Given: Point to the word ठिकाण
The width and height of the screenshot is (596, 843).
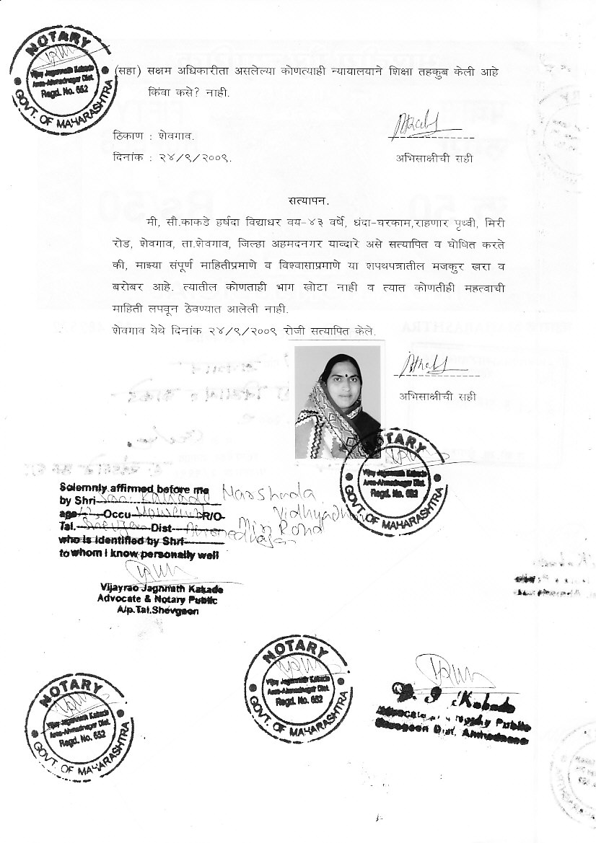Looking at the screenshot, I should coord(128,136).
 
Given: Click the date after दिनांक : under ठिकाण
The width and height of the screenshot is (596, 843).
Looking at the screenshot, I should coord(193,158).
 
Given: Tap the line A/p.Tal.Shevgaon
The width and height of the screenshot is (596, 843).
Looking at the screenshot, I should coord(157,611).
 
